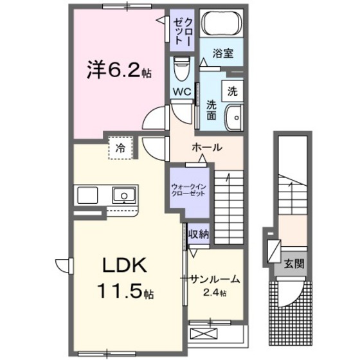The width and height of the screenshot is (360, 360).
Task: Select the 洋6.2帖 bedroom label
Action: pos(120,70)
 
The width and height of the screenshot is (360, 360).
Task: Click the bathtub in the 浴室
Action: pos(221,26)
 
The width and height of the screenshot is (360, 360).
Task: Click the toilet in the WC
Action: pos(182,65)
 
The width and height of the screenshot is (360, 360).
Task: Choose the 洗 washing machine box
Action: pos(232,91)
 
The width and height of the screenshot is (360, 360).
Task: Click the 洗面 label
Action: pos(210,111)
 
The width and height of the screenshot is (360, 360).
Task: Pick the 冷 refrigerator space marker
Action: pos(120,148)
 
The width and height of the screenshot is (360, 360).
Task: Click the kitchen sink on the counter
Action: pos(122,194)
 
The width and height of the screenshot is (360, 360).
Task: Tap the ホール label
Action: pos(207,148)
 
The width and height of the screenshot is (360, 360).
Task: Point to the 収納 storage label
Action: pos(199,234)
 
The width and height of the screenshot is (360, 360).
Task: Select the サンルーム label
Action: pos(214,280)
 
